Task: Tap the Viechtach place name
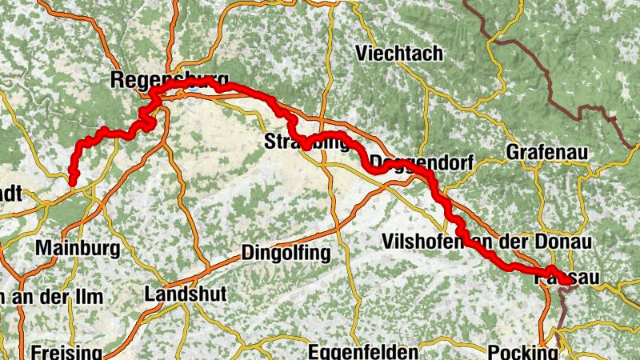(x=398, y=54)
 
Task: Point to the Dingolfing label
(x=286, y=254)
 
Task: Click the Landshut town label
(x=185, y=294)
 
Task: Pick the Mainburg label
(x=78, y=248)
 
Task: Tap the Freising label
(x=66, y=352)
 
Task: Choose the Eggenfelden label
(x=363, y=352)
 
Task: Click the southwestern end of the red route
(x=72, y=183)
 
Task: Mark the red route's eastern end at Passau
(x=567, y=281)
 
